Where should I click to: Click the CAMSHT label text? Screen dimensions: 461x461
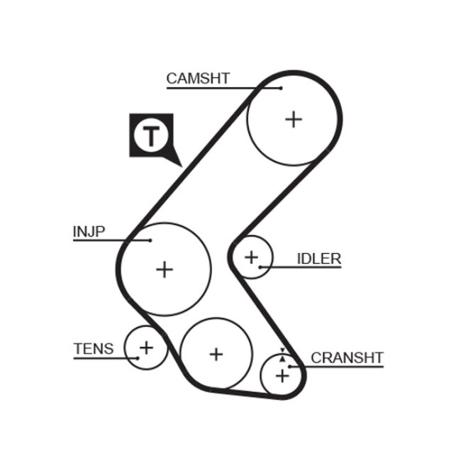click(198, 79)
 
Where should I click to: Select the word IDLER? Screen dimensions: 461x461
click(318, 259)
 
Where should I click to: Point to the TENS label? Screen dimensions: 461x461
click(93, 348)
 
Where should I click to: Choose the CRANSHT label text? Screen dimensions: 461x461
click(347, 357)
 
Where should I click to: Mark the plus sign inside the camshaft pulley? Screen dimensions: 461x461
click(293, 118)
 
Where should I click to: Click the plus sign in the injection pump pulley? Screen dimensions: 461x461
click(165, 269)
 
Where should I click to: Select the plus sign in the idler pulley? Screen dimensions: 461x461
click(250, 256)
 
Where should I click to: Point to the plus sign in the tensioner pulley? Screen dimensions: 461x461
click(145, 348)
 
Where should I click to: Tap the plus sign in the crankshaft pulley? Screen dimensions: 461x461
click(282, 374)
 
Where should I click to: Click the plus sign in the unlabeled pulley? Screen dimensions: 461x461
click(216, 353)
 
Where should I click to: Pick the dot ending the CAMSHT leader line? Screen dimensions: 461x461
click(280, 88)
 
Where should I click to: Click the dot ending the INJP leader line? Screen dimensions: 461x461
click(150, 240)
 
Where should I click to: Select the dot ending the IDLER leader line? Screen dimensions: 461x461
click(261, 267)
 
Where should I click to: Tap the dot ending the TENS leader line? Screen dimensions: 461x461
click(137, 357)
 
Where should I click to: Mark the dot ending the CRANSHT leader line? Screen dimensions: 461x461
click(290, 366)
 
